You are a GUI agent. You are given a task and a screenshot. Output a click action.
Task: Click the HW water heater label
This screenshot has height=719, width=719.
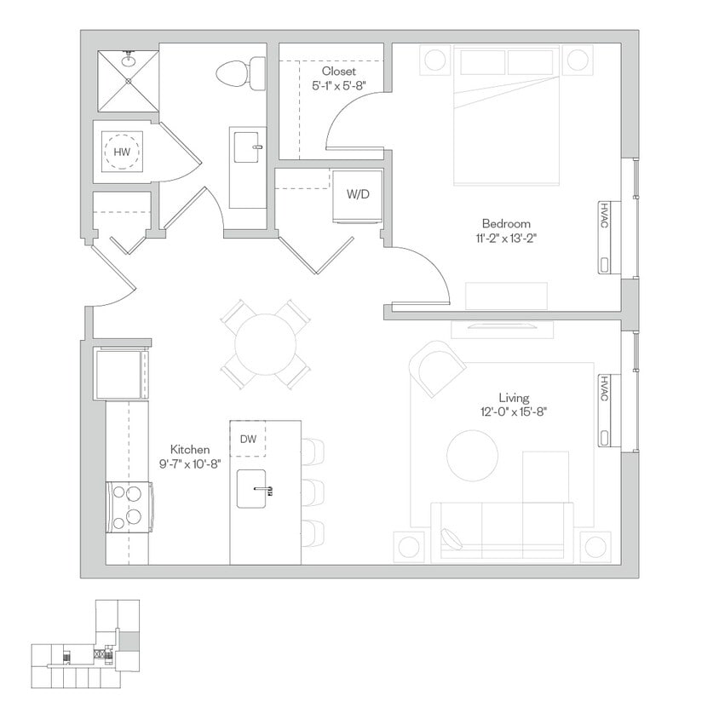click(123, 152)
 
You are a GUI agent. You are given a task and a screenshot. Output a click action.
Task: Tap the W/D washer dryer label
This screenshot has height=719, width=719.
click(358, 194)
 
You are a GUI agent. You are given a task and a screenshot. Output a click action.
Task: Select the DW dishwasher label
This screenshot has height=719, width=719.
click(248, 440)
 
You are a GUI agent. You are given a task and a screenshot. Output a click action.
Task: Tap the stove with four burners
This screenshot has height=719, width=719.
click(130, 507)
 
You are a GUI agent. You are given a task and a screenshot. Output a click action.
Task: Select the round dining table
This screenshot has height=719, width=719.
click(266, 345)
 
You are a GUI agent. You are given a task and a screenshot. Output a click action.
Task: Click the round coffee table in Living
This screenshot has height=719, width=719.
click(473, 456)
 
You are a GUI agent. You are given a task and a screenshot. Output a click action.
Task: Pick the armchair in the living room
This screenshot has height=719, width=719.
click(436, 368)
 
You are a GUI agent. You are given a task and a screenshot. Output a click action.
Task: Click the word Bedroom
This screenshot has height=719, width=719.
click(506, 224)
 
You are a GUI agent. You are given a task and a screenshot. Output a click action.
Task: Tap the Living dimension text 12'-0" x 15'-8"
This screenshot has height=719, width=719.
click(514, 411)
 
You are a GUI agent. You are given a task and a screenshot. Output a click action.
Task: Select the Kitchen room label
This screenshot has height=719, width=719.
click(190, 449)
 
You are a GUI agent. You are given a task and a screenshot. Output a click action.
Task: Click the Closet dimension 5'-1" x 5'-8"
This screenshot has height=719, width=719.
click(338, 85)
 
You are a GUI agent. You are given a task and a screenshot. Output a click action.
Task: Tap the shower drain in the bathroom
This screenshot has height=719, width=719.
click(129, 80)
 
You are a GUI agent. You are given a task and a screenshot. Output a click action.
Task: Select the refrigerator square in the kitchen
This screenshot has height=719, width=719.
click(122, 373)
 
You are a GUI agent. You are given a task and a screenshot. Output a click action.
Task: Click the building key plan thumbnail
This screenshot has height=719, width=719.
click(85, 645)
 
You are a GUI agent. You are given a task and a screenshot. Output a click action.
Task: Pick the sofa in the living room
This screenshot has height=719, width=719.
click(503, 532)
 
